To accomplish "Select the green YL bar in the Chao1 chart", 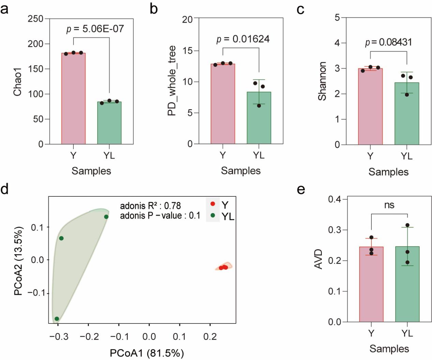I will (109, 123).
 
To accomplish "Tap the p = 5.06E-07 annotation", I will (95, 29).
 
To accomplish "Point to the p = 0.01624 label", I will (243, 39).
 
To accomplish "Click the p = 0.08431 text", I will (388, 42).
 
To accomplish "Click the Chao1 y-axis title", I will (17, 82).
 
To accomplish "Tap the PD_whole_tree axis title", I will (172, 81).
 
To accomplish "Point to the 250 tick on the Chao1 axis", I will (35, 19).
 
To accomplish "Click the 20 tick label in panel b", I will (187, 19).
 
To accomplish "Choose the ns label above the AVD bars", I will (389, 205).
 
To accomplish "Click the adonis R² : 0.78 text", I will (150, 206).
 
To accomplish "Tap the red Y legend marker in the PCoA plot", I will (213, 204).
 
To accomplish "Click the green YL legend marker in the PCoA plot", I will (213, 215).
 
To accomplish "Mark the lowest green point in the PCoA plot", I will (57, 319).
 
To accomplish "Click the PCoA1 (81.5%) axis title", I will (147, 353).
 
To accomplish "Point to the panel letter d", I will (4, 189).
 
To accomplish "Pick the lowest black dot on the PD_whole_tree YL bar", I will (259, 106).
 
